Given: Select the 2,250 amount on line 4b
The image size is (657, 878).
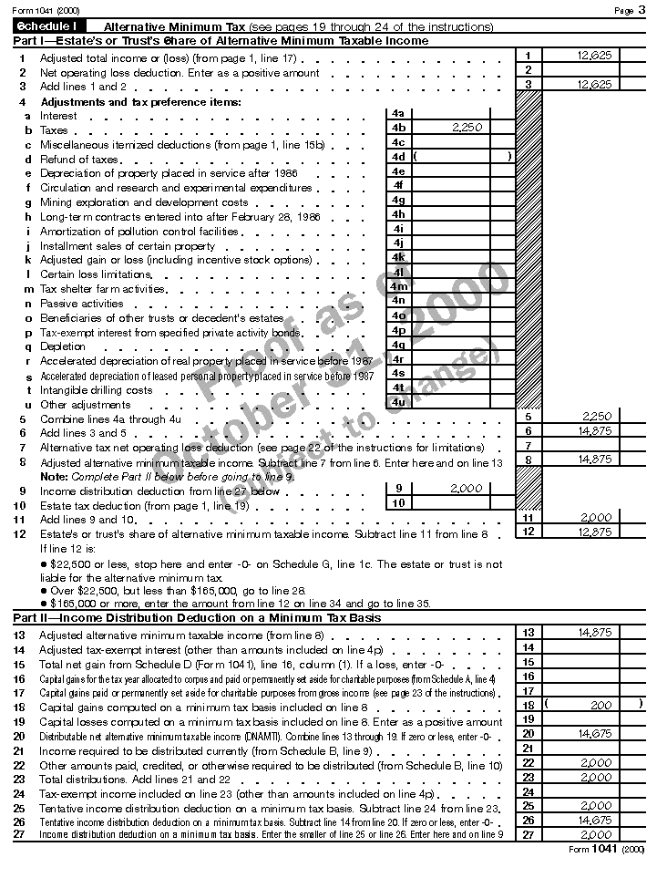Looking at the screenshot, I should coord(467,129).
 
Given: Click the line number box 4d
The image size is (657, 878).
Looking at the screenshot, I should coord(398,157).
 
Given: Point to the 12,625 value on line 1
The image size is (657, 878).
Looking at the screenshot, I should coord(594,56).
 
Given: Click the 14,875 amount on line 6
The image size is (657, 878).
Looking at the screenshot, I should coord(594,431).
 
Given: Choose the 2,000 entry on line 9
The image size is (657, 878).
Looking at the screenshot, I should coord(467,489).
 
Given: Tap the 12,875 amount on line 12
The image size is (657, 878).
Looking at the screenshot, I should coord(594,532).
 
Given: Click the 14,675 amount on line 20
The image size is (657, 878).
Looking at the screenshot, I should coord(594,733).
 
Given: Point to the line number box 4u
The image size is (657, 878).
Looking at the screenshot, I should coord(398,402).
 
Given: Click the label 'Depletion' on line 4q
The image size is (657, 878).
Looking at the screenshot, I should coord(61,346).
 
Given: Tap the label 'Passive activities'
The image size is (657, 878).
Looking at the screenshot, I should coord(81,304).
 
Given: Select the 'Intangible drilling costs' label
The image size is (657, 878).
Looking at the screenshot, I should coord(96,390).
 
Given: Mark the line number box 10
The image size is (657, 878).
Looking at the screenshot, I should coord(398,503).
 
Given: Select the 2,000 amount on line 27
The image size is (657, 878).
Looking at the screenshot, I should coord(594,834).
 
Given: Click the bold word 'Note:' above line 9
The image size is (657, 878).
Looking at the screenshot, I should coord(55,477).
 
